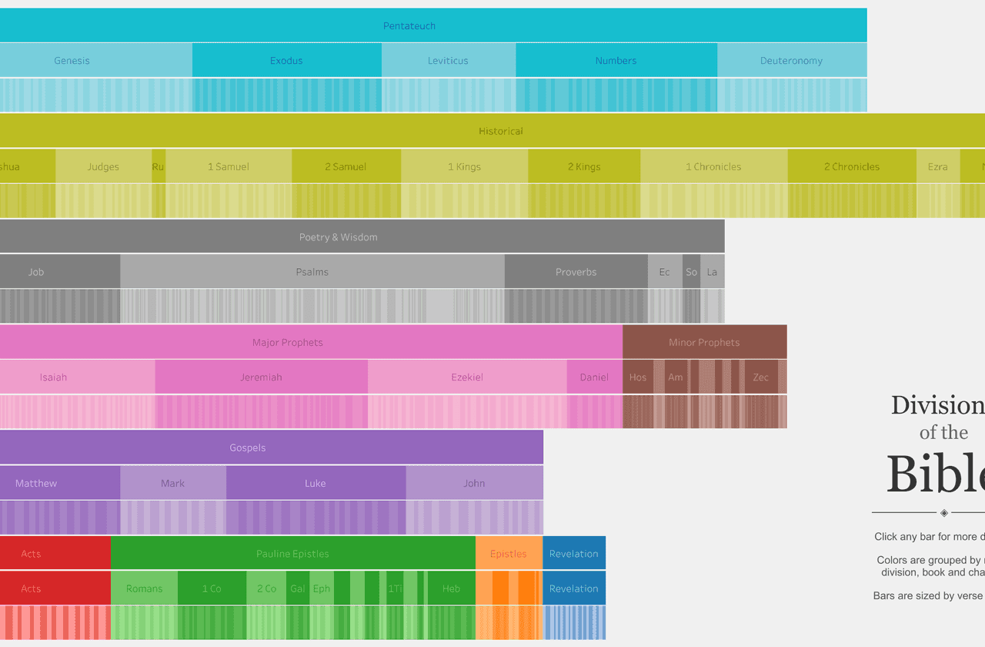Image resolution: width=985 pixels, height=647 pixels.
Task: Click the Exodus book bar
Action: coord(286,61)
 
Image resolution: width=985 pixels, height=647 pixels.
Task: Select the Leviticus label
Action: coord(448,61)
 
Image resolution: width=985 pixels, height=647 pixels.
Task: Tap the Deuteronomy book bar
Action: coord(791,61)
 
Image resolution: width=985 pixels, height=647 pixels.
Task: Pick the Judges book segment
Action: coord(103,166)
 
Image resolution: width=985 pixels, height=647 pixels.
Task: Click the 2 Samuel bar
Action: coord(346,166)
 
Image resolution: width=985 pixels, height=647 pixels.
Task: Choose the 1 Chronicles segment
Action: coord(713,166)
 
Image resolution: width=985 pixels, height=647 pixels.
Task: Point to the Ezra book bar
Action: coord(937,166)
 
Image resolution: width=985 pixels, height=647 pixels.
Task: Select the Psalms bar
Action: coord(312,272)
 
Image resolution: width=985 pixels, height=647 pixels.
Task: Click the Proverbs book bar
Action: coord(576,272)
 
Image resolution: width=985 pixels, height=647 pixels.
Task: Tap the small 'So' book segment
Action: coord(691,272)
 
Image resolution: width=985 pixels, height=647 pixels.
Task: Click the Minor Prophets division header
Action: coord(704,342)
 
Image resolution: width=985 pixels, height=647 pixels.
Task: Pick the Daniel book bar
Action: coord(594,377)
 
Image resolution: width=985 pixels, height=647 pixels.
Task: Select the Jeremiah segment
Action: coord(261,377)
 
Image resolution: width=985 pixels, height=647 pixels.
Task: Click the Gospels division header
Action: coord(248,448)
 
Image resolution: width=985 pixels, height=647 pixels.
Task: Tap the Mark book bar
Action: coord(172,483)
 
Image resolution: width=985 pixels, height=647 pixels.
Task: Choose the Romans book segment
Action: coord(144,588)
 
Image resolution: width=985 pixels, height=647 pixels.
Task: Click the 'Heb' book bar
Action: coord(451,588)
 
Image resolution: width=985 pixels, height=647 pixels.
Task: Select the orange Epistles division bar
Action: coord(508,554)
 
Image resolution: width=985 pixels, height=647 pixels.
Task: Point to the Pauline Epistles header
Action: coord(292,554)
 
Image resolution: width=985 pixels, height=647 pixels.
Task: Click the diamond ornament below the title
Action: coord(944,513)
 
